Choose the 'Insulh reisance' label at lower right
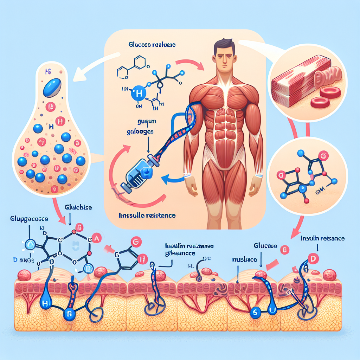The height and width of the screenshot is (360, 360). (322, 238)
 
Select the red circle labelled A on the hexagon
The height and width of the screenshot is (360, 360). (97, 239)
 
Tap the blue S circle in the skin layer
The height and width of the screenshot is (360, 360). (255, 311)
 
